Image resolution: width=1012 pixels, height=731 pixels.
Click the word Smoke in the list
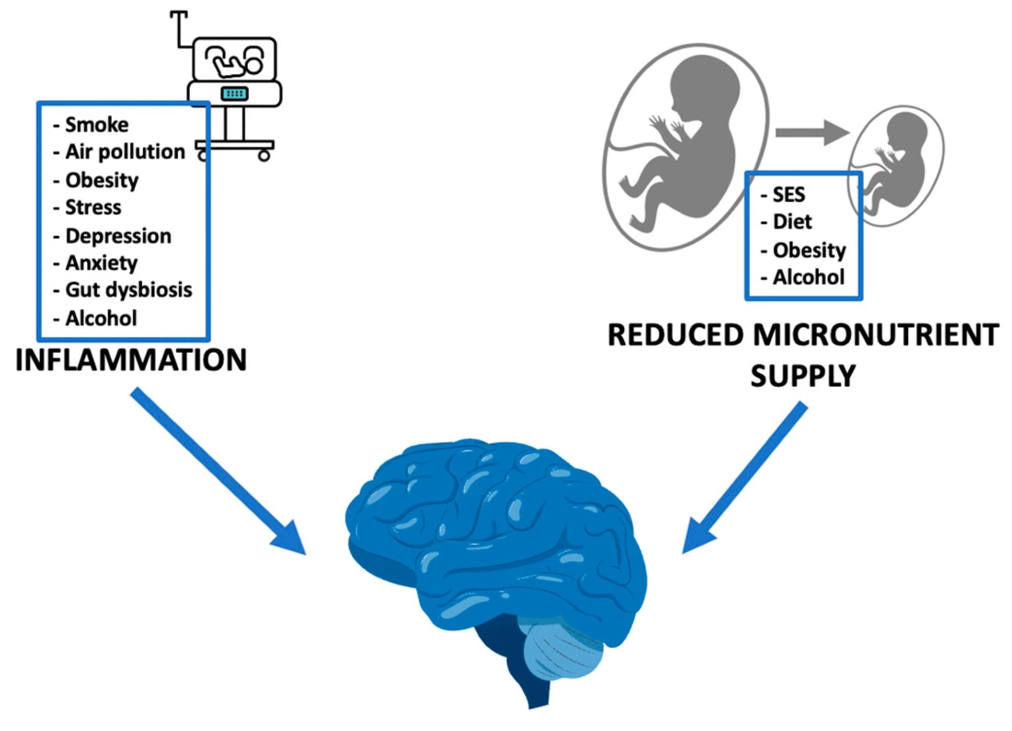click(97, 125)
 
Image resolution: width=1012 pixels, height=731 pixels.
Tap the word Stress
click(93, 207)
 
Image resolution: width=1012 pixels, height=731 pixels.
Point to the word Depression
click(118, 236)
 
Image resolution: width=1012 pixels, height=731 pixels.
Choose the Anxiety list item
click(101, 263)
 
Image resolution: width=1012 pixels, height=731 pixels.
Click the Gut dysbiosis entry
click(129, 290)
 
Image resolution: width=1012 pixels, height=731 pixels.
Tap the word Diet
click(792, 222)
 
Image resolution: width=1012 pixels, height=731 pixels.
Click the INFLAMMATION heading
click(131, 360)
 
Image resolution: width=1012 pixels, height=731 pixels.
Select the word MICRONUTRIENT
click(876, 335)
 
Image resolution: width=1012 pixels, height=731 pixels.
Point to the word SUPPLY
click(803, 376)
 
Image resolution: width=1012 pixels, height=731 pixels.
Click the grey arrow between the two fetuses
click(812, 133)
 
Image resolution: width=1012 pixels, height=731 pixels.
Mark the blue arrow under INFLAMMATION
click(218, 471)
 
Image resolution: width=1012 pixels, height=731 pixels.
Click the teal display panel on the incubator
click(234, 94)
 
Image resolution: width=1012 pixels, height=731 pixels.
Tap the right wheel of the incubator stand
click(264, 156)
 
